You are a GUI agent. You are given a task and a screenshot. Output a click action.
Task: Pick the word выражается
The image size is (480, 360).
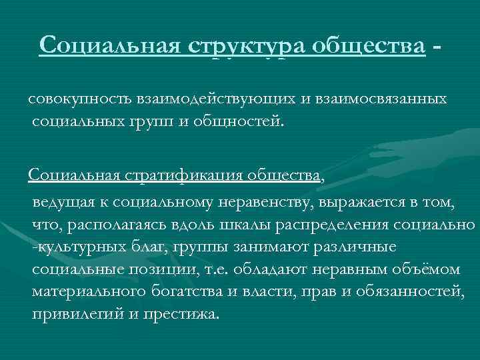click(359, 201)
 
